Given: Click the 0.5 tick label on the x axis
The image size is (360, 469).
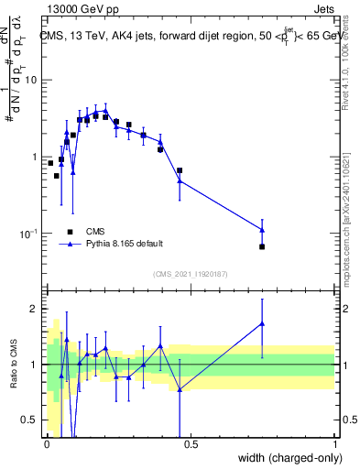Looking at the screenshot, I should coord(191,444).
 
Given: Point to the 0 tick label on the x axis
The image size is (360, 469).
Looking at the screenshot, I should coord(48,444).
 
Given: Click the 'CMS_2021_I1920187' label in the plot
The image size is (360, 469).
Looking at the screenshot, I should coord(191,274).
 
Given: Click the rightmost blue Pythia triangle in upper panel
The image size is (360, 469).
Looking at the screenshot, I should coord(262,229).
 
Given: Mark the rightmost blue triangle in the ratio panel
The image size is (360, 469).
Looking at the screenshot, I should coord(262,323).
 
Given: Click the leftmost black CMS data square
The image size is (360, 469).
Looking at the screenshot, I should coord(50,163).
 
